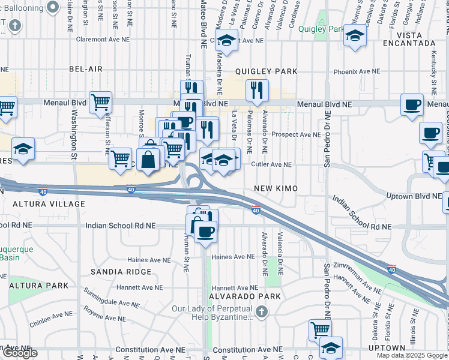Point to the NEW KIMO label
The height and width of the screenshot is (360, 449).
pyautogui.click(x=276, y=188)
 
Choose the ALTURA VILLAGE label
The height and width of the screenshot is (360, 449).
pyautogui.click(x=46, y=204)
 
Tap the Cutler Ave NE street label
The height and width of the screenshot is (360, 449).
pyautogui.click(x=271, y=164)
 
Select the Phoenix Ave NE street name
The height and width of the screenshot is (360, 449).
pyautogui.click(x=357, y=71)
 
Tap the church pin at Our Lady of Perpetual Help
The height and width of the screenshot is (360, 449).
pyautogui.click(x=261, y=311)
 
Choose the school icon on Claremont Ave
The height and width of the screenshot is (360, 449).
pyautogui.click(x=226, y=41)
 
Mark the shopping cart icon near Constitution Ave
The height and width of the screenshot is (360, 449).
pyautogui.click(x=320, y=329)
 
